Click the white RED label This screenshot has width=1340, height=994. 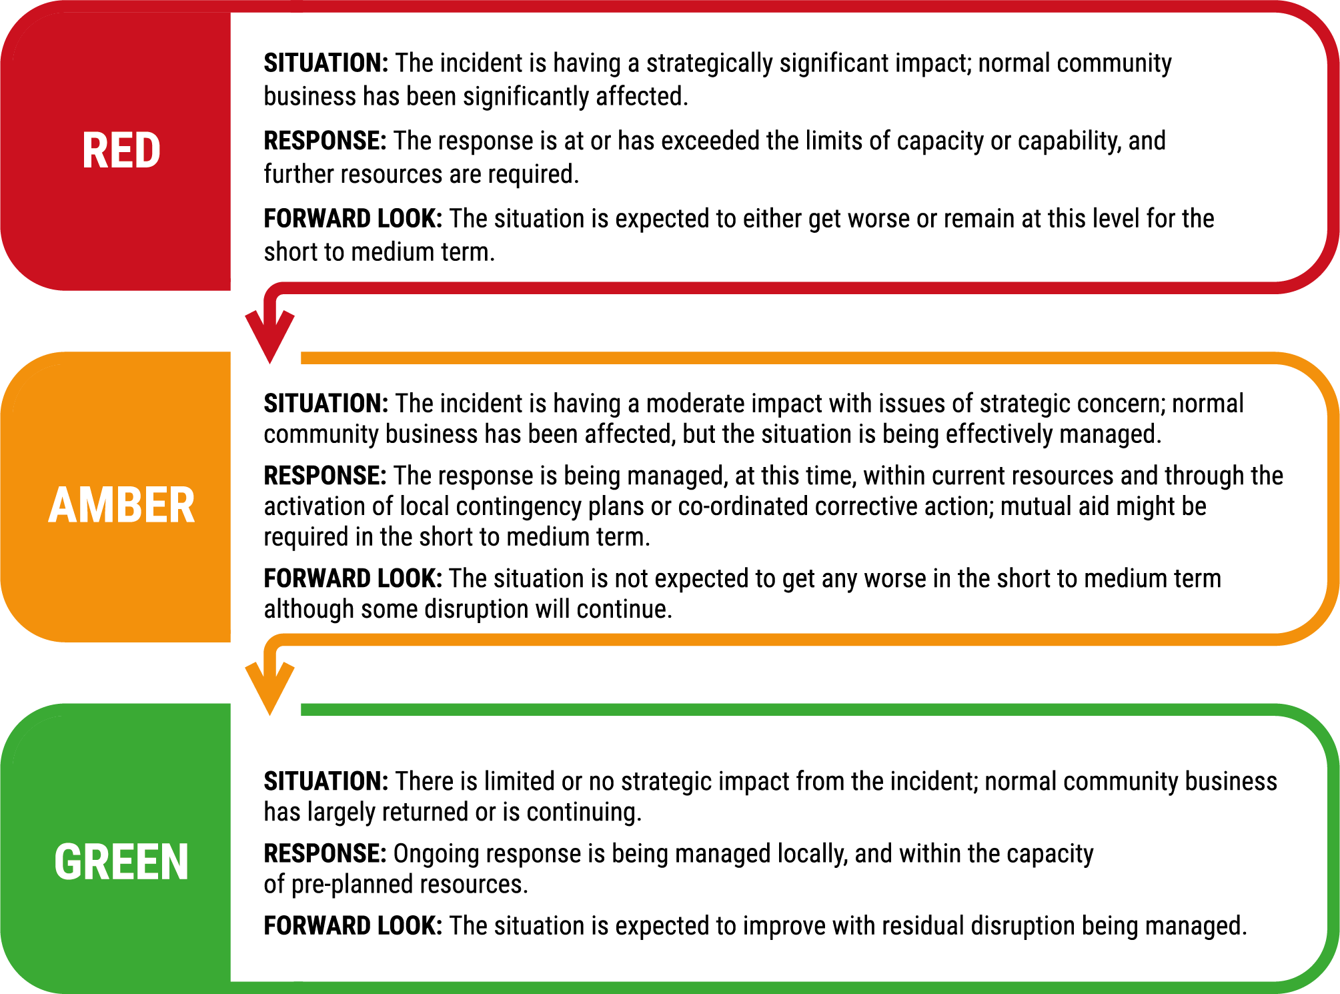click(121, 150)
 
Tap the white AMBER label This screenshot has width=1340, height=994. click(121, 505)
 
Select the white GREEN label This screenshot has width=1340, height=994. click(121, 862)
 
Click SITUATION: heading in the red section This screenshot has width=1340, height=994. click(326, 63)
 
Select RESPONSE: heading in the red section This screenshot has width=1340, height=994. click(325, 141)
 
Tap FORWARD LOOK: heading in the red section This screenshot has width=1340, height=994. click(353, 219)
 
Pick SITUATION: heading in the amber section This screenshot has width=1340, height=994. click(326, 404)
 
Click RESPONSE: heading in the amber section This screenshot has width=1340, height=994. click(325, 476)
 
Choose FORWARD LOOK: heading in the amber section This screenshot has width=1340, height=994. click(353, 578)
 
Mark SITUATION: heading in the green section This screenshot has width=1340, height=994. click(326, 781)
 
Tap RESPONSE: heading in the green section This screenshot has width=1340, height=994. click(325, 853)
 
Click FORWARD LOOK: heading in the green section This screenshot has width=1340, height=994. click(353, 926)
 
